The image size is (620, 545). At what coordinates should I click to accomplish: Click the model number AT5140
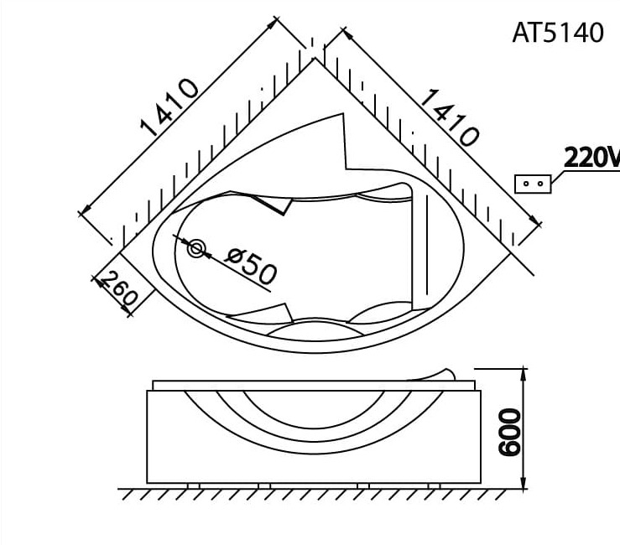557,33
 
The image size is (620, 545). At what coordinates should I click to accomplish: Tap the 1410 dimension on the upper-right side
448,117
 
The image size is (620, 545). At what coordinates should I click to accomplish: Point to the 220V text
590,157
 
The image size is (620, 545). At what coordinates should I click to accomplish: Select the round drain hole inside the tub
196,249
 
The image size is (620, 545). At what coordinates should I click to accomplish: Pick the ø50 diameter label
251,266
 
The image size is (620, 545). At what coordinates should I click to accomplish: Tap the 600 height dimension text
508,433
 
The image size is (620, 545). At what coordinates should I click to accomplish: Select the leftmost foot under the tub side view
194,485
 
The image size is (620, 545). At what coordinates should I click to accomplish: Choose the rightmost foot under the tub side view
434,485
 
